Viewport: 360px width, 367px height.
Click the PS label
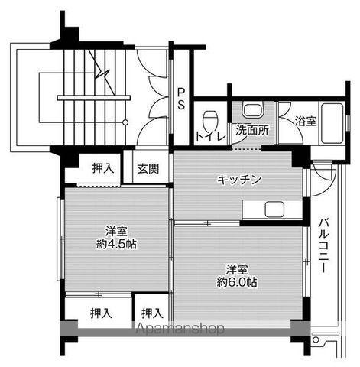[180, 99]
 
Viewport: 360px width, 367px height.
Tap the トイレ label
[209, 138]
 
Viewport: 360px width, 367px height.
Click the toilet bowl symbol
[210, 119]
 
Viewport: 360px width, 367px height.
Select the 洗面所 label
[251, 130]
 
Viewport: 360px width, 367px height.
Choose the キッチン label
[240, 180]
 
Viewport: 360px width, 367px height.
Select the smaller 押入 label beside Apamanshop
[151, 312]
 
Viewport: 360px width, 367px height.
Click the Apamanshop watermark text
[180, 330]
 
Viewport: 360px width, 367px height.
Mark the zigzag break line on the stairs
[102, 70]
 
